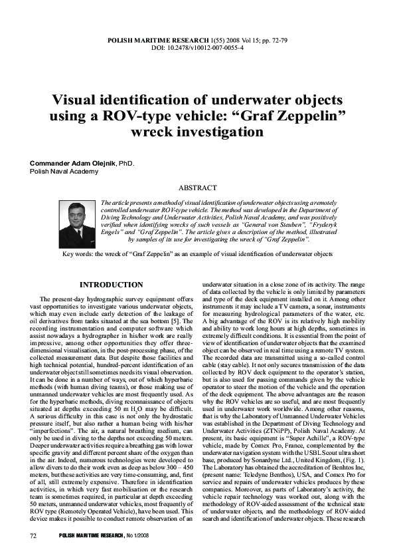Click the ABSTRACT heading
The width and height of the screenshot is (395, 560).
198,188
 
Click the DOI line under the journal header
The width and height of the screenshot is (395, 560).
198,49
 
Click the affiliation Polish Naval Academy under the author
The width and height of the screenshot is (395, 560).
64,171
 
